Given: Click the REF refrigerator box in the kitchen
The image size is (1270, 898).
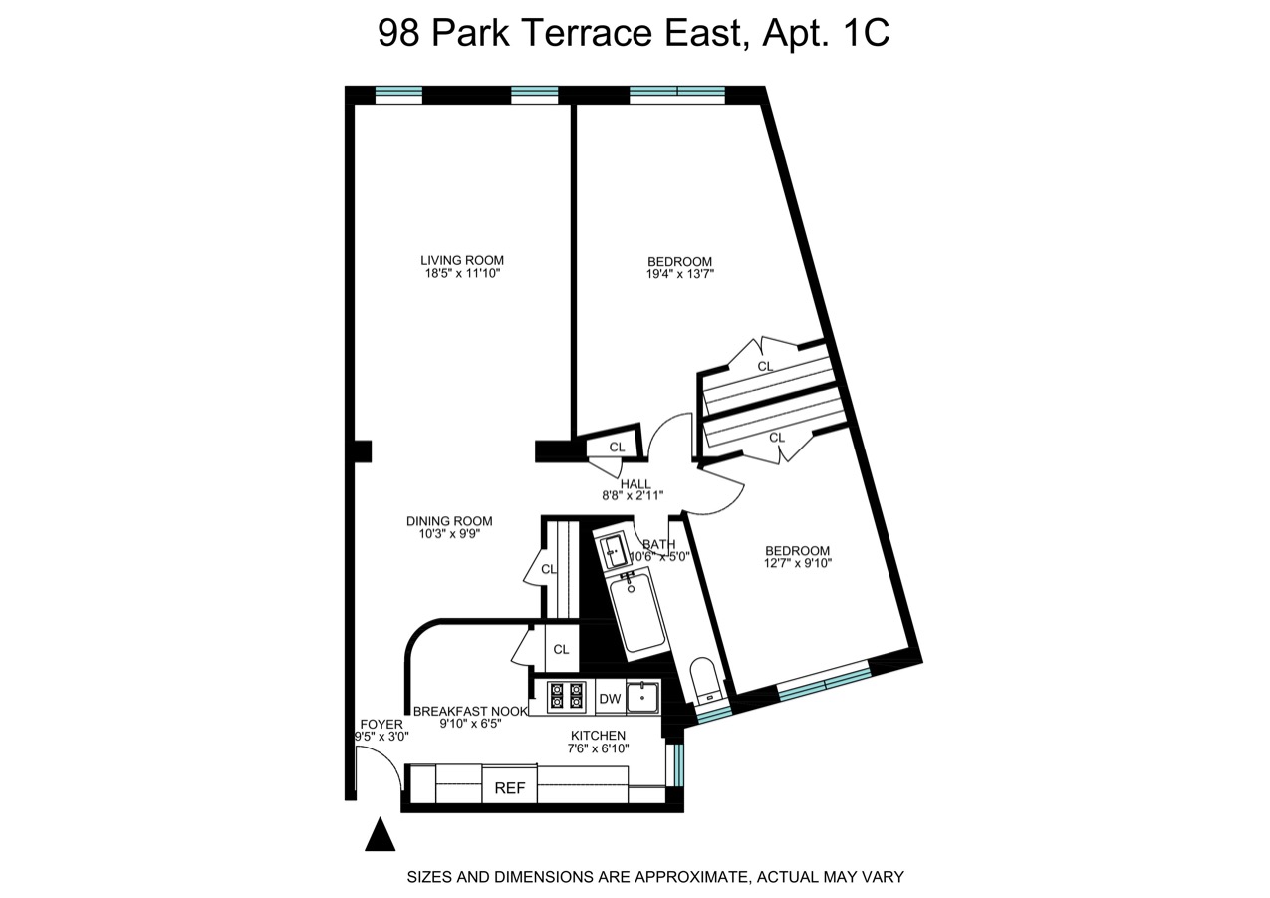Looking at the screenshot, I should [x=509, y=786].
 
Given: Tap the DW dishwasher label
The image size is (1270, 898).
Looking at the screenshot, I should [x=610, y=699].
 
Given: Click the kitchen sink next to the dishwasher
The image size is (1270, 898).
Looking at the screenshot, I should [x=642, y=697].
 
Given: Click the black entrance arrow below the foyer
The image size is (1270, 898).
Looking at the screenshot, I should [x=380, y=835].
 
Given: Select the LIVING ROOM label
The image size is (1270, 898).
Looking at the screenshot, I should [x=462, y=260].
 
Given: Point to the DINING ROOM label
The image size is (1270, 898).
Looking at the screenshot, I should [x=449, y=521].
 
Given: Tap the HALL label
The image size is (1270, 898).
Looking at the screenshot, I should [x=635, y=484].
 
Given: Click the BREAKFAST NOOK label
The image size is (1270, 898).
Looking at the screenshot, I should [x=470, y=711].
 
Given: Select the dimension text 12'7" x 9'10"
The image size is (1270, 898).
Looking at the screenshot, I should [x=797, y=563].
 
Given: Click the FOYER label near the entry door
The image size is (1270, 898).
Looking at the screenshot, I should [x=381, y=725].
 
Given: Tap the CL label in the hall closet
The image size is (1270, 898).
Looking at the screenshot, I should [x=617, y=448].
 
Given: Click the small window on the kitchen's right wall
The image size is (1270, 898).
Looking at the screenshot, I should [x=678, y=764].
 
